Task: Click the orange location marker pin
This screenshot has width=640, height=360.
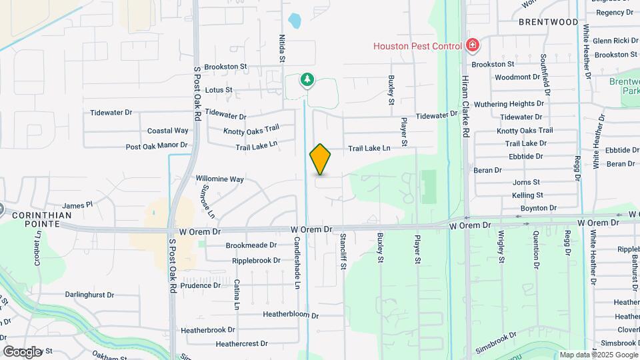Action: tap(320, 159)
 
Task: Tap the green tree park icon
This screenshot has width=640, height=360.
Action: tap(307, 81)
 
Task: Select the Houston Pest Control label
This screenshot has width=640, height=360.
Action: tap(417, 46)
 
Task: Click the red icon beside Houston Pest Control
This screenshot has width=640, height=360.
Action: tap(473, 45)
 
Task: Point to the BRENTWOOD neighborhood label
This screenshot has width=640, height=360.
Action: tap(549, 22)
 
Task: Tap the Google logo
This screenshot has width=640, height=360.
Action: tap(22, 351)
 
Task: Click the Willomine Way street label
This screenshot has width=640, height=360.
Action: tap(219, 179)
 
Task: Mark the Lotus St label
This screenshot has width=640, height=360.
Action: tap(219, 89)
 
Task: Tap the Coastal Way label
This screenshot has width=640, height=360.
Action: tap(167, 131)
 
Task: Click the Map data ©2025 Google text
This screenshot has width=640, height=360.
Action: tap(598, 355)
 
